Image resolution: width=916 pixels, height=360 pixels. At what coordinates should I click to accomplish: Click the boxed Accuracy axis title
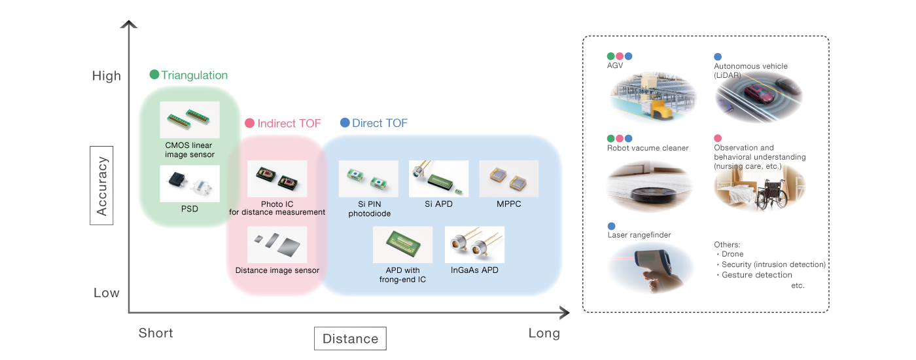(101, 185)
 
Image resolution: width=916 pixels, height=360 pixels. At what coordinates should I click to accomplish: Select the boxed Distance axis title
(350, 338)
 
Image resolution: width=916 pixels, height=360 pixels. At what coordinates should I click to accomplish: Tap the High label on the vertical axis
(107, 76)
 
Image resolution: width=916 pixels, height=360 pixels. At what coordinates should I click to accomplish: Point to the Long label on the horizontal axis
(544, 333)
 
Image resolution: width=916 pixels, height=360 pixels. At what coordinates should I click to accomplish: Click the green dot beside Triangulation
(154, 75)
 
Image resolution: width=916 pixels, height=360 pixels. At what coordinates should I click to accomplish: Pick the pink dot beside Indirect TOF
(249, 123)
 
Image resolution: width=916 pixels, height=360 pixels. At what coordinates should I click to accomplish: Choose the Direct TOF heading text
(379, 123)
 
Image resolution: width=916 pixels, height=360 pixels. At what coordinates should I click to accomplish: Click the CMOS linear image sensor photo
(190, 119)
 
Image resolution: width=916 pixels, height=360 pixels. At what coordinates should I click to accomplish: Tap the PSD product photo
(190, 183)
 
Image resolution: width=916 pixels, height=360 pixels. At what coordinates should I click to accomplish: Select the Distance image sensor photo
(277, 245)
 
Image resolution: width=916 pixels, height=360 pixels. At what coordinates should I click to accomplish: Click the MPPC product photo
(508, 179)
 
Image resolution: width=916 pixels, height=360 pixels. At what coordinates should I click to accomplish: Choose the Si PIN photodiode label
(368, 209)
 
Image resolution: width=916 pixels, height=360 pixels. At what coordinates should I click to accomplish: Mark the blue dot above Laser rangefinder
(611, 226)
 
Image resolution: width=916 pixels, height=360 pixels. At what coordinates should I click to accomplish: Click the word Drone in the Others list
(733, 254)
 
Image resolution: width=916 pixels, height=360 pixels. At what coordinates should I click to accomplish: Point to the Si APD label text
(438, 204)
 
